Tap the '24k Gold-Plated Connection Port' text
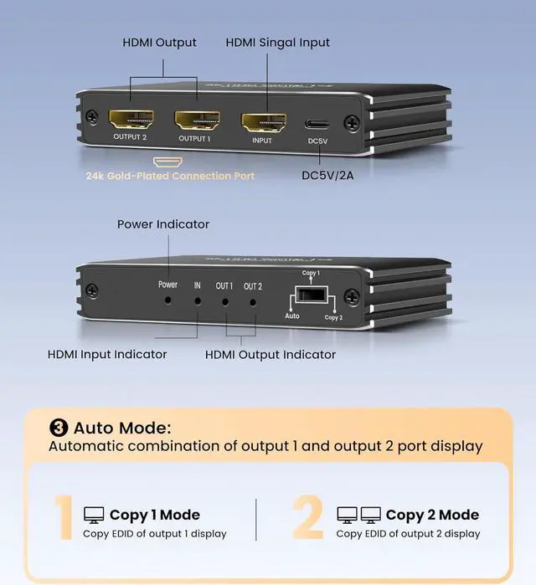[x=170, y=176]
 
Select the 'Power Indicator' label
[x=163, y=224]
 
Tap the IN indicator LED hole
[x=198, y=299]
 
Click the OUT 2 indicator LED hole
[x=253, y=299]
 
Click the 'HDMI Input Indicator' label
[x=107, y=354]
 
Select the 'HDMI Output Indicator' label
[x=271, y=354]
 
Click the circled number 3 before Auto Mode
[x=59, y=428]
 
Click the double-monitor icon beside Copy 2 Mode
[x=358, y=515]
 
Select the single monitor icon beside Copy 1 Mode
[x=93, y=515]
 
